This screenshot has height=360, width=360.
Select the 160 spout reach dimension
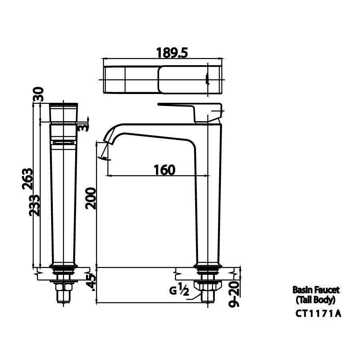click(164, 170)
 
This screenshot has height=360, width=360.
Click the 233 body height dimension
click(36, 205)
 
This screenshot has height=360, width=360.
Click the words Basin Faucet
click(316, 290)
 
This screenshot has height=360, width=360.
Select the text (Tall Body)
click(316, 299)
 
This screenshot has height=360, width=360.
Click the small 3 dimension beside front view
click(83, 128)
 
